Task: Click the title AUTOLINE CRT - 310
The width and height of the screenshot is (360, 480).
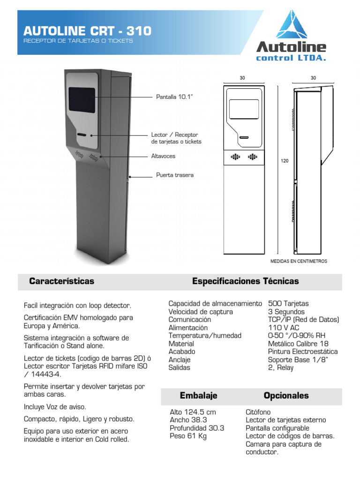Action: click(x=87, y=31)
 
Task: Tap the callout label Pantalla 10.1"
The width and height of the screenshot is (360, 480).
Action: click(x=174, y=97)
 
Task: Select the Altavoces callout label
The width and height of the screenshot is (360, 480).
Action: click(x=163, y=156)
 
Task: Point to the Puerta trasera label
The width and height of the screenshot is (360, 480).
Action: click(x=174, y=175)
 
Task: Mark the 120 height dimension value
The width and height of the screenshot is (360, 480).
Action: click(x=285, y=161)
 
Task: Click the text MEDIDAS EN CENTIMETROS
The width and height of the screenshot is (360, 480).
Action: click(x=299, y=261)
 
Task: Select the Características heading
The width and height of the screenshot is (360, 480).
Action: click(x=61, y=281)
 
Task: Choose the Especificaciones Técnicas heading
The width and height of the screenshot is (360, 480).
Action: click(x=245, y=281)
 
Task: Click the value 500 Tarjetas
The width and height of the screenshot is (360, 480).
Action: click(x=288, y=304)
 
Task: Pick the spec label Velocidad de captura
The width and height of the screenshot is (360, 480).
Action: click(x=201, y=312)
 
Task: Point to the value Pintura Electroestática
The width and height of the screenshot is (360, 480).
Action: click(x=303, y=352)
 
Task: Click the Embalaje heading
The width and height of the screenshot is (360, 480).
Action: click(x=198, y=396)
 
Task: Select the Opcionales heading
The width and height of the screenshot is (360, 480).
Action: click(x=286, y=396)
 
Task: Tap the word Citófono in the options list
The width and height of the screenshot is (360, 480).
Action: click(x=258, y=412)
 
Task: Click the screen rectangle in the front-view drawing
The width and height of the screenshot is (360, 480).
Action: click(x=244, y=110)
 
